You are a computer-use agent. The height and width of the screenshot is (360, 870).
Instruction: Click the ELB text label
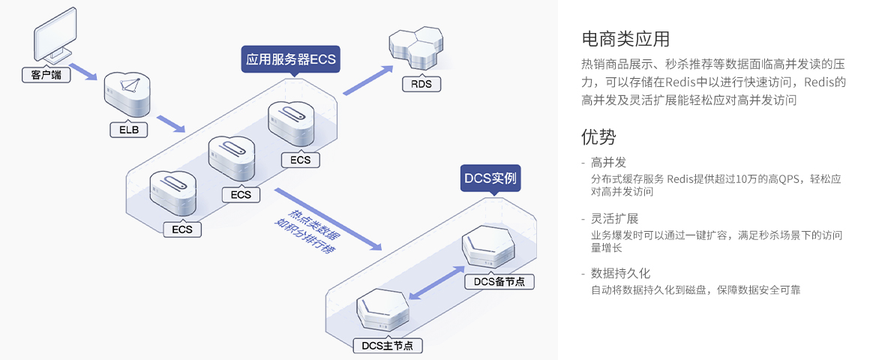tap(129, 130)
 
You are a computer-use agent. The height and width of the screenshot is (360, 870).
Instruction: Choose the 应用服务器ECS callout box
tap(291, 58)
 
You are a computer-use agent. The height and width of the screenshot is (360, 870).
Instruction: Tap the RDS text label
tap(421, 84)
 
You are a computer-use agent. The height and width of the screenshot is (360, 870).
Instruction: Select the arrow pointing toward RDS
tap(367, 80)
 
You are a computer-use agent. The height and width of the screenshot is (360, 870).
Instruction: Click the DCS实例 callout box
tap(490, 178)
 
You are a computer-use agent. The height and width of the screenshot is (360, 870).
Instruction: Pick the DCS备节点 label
tap(499, 282)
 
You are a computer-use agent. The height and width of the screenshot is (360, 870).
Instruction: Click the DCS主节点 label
tap(387, 346)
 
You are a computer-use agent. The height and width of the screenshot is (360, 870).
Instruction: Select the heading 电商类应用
tap(625, 39)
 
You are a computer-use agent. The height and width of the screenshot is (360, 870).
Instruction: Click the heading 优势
tap(598, 136)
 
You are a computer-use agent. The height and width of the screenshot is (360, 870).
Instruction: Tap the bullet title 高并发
tap(608, 163)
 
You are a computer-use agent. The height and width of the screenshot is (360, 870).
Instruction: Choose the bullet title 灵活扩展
tap(614, 218)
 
